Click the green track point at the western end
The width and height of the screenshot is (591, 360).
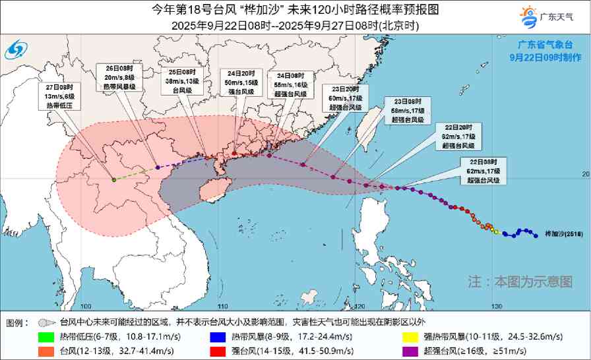[113, 179]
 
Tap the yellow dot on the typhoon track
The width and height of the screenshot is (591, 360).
[495, 231]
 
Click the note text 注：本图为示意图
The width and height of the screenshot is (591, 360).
[520, 282]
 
